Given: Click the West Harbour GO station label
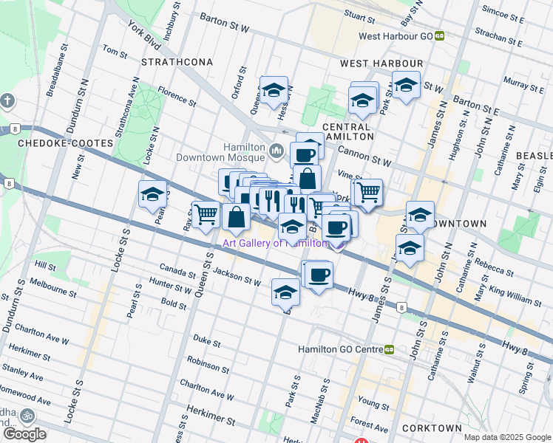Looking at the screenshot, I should tap(396, 35).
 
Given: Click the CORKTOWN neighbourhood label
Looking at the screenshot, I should tap(434, 428).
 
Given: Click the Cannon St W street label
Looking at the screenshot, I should tap(364, 156).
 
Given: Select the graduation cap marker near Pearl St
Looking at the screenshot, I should tap(152, 194).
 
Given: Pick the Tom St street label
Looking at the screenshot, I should tap(115, 51).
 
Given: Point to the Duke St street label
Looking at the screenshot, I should tap(207, 342).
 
